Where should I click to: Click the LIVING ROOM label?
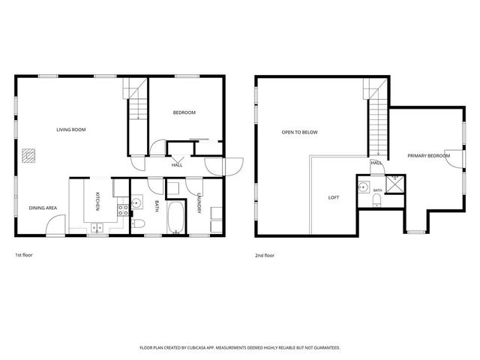click(x=71, y=130)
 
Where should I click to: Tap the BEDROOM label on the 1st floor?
click(x=184, y=112)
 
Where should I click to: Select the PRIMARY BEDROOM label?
click(x=428, y=156)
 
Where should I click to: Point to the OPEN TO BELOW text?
click(x=300, y=132)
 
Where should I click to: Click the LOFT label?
click(x=334, y=198)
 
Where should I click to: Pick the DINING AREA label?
click(x=43, y=208)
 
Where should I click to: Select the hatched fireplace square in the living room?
click(x=28, y=155)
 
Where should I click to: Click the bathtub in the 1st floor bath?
click(x=175, y=217)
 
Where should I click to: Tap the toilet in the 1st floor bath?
click(x=138, y=223)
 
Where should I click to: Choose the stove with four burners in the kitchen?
click(x=123, y=210)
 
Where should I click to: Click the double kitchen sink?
click(x=97, y=228)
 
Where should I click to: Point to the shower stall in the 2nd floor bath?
click(x=395, y=184)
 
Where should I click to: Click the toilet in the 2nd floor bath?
click(x=376, y=202)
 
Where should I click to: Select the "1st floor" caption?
click(x=24, y=255)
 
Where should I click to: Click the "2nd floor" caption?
click(x=265, y=255)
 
